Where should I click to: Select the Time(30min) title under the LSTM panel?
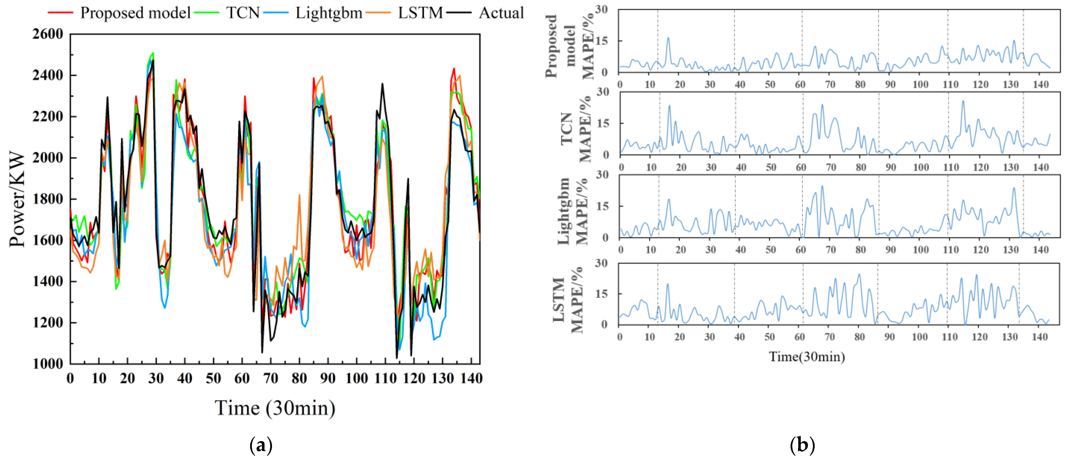[807, 357]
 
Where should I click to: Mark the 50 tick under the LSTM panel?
[769, 337]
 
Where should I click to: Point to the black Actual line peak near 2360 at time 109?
[382, 84]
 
